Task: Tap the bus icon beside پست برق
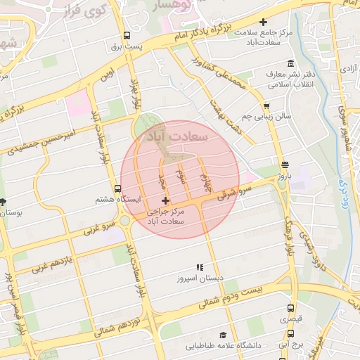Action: [127, 35]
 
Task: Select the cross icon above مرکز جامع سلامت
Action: [263, 23]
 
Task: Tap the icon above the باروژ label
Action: [284, 165]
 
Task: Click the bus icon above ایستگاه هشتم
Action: [117, 188]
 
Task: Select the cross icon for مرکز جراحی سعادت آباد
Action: [165, 202]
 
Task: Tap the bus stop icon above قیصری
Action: [290, 308]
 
